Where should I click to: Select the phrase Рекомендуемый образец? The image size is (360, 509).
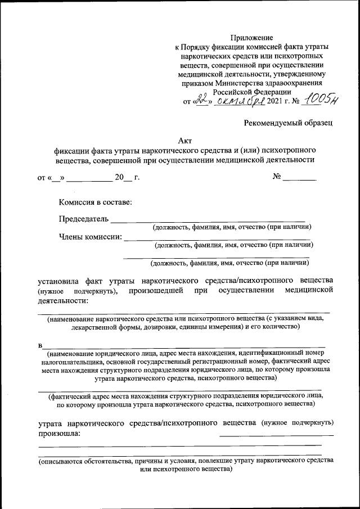289,122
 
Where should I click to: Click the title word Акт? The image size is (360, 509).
184,141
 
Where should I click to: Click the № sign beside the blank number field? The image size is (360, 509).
277,177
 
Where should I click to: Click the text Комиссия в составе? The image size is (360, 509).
96,202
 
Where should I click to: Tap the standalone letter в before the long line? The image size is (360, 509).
40,344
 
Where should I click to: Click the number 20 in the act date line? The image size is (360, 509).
119,178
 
